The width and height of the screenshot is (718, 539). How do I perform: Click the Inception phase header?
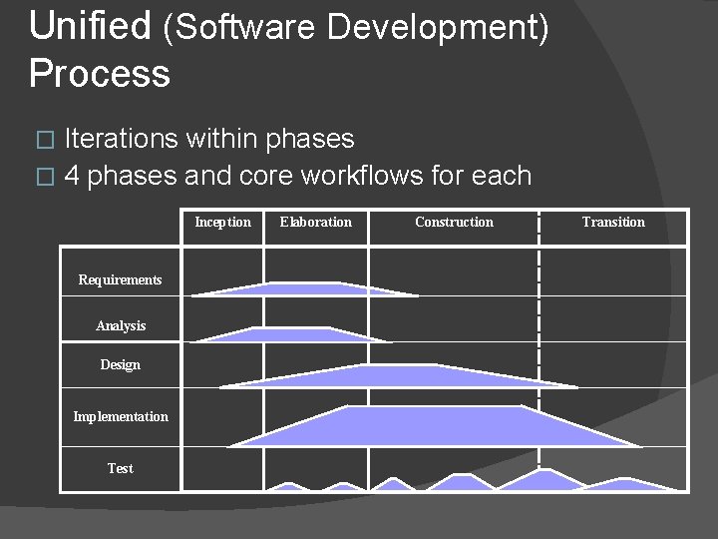pos(222,222)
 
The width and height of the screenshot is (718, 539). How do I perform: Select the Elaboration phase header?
pos(315,222)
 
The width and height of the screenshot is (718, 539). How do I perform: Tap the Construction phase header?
pos(454,222)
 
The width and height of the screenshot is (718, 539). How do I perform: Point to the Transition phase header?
pos(613,222)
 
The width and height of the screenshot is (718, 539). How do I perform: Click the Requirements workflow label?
pos(120,279)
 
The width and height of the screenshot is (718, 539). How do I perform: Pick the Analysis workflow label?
pos(121,325)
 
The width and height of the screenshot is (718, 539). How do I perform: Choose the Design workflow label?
pos(120,364)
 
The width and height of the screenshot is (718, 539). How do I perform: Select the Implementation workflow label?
pos(121,416)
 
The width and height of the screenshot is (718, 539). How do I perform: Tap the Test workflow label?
pos(120,468)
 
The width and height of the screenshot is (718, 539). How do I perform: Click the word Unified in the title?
pos(90,26)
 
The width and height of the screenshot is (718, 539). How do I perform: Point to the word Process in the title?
pos(99,73)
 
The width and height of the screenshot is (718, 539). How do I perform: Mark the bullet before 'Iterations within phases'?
pos(42,140)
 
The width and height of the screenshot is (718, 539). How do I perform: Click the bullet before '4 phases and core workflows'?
pos(42,178)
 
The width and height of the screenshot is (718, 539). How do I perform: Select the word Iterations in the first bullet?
pos(121,139)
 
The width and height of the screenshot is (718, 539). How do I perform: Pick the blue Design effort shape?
pos(399,376)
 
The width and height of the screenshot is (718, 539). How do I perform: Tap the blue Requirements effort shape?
pos(299,289)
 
